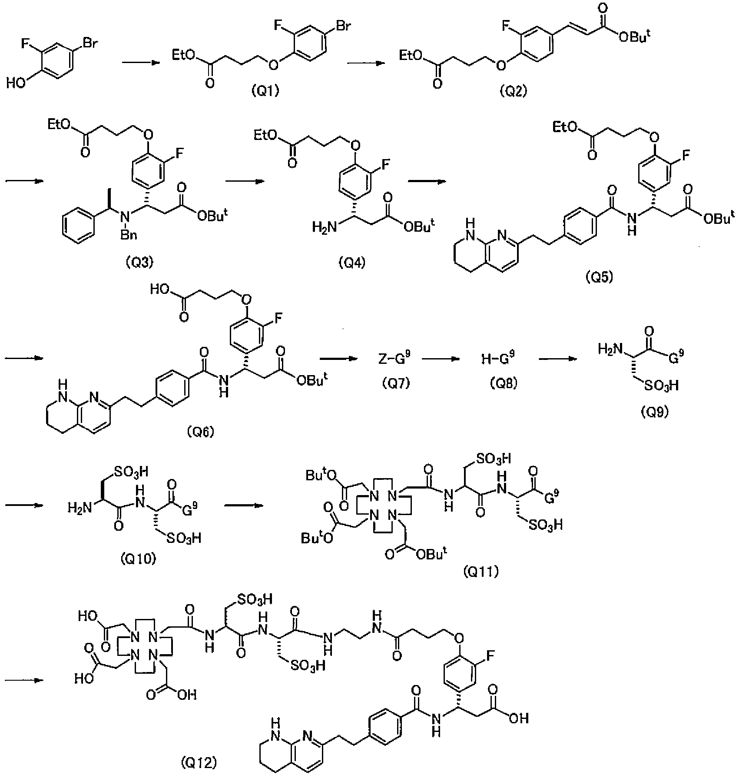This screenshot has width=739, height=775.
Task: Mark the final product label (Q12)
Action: click(x=198, y=762)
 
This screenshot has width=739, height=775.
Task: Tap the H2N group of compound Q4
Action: click(x=324, y=226)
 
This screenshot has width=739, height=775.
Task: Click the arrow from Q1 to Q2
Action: click(x=366, y=63)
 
